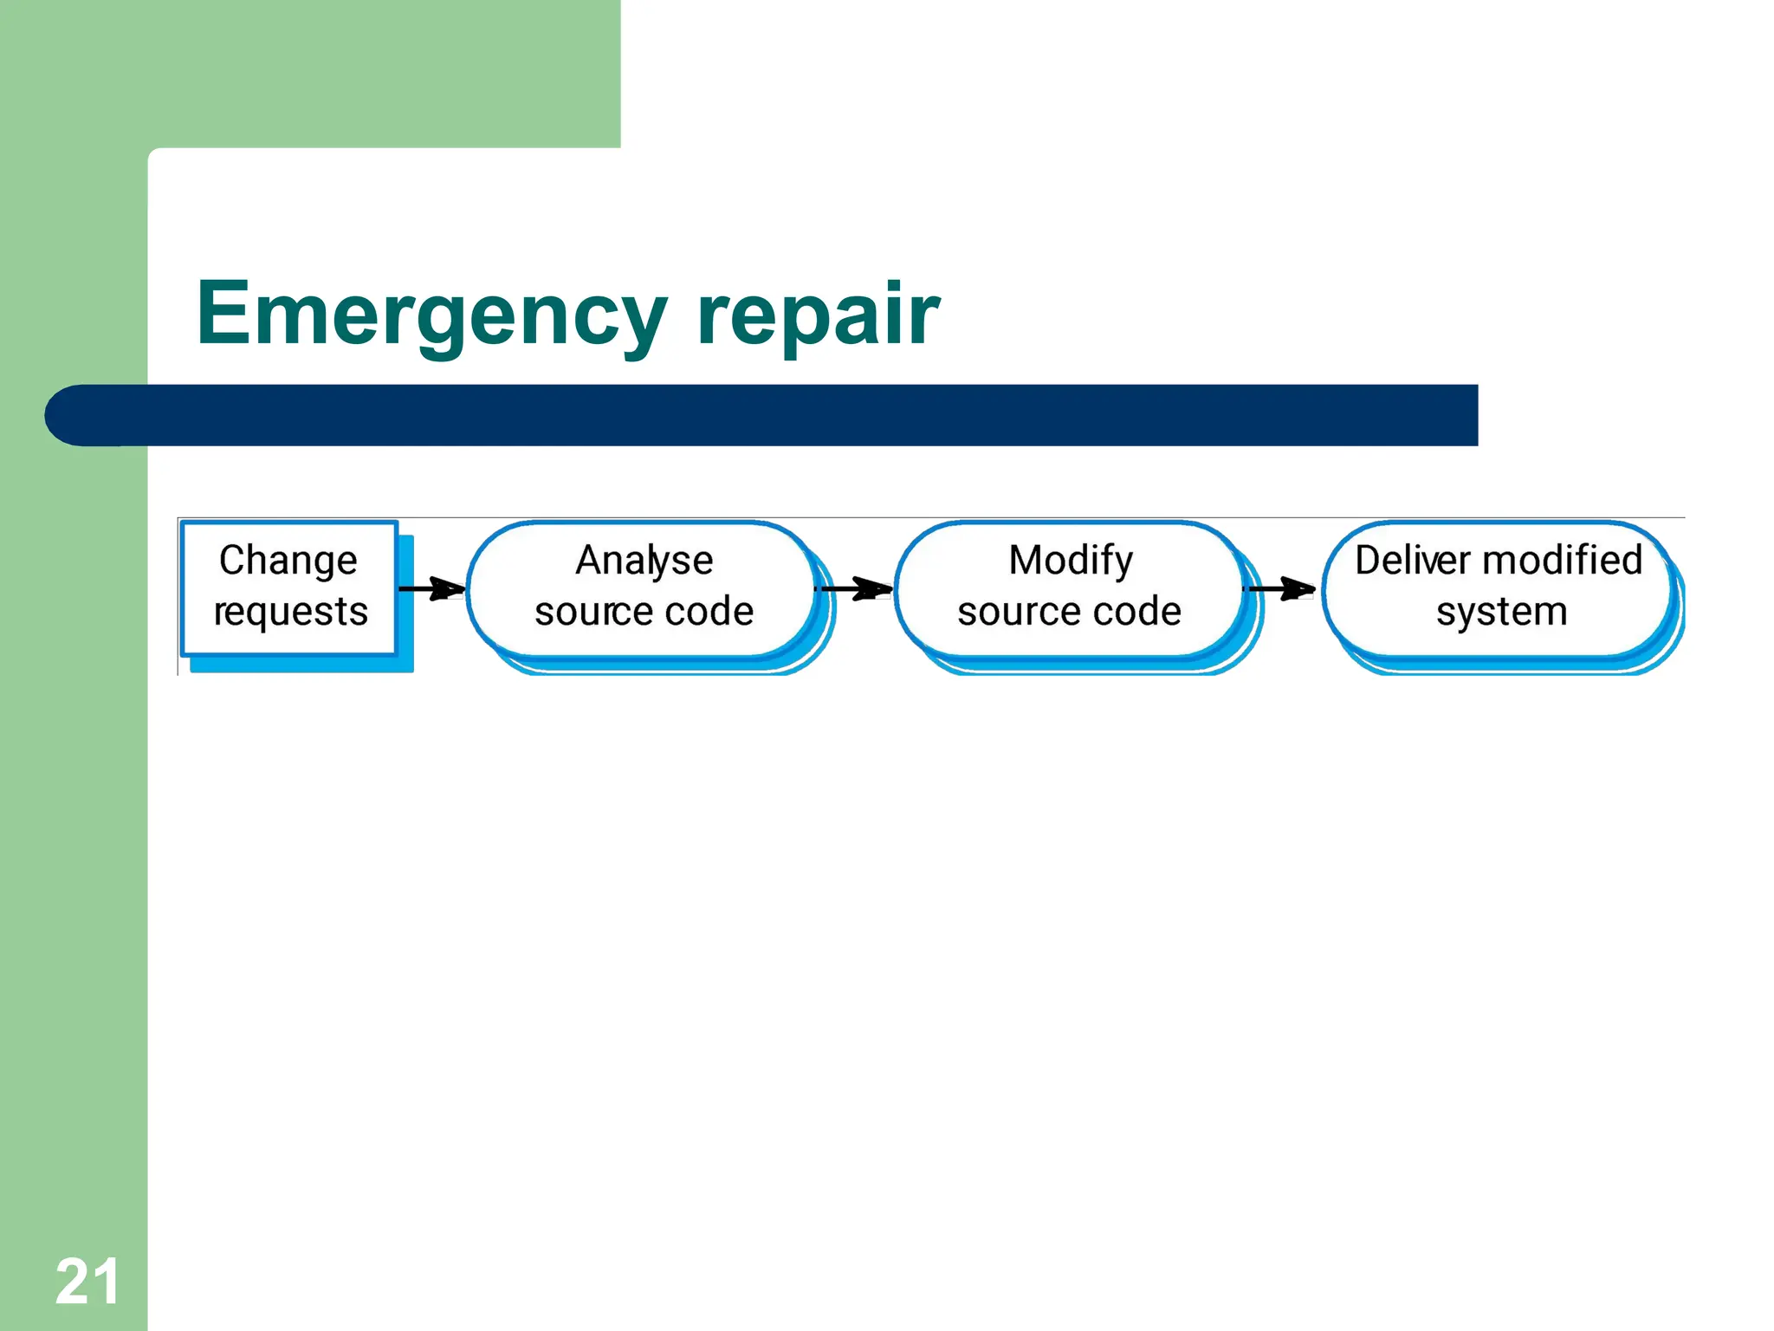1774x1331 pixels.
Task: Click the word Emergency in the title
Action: point(431,314)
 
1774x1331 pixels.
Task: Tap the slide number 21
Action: point(87,1282)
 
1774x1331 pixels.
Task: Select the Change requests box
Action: point(289,588)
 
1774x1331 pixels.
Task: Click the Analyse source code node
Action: point(643,588)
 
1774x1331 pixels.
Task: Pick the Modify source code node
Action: point(1070,588)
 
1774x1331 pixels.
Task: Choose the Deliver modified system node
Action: point(1498,588)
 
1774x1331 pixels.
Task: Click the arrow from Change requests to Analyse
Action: point(432,589)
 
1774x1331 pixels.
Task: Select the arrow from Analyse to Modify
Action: point(854,589)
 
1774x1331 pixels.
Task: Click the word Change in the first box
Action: point(288,561)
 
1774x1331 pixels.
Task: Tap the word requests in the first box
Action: point(291,612)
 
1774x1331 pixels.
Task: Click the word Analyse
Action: point(644,561)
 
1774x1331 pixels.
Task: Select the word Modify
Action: point(1071,561)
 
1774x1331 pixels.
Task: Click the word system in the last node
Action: point(1501,612)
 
